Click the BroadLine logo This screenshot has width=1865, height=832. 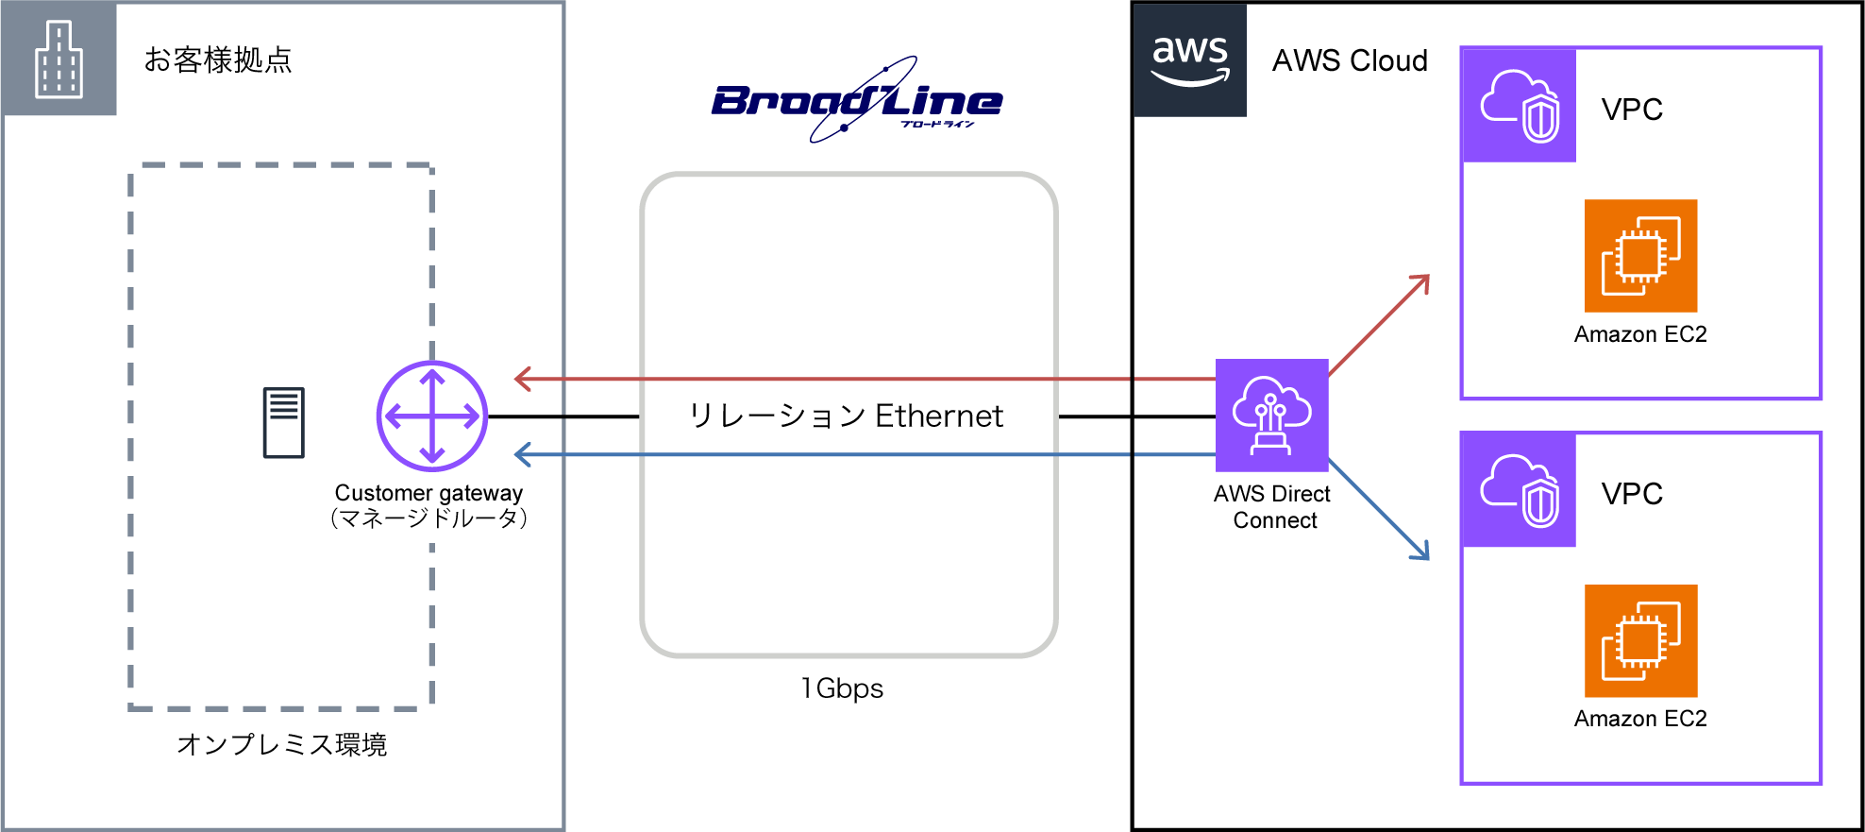tap(856, 100)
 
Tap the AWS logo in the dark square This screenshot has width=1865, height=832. tap(1190, 59)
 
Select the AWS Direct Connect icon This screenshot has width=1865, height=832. tap(1271, 415)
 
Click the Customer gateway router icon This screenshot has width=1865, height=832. tap(432, 416)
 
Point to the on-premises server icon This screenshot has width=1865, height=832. tap(283, 422)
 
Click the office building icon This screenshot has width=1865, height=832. tap(59, 59)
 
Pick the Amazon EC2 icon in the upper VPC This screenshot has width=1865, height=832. tap(1640, 255)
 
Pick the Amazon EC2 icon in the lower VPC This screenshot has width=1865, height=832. tap(1640, 640)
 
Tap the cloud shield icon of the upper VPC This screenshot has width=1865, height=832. tap(1519, 105)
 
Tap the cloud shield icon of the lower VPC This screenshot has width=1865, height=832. tap(1519, 489)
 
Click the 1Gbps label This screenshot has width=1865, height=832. tap(842, 688)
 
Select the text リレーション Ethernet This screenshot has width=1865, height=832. tap(846, 416)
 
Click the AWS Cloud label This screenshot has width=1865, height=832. tap(1350, 60)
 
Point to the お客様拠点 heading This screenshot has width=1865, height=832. tap(218, 59)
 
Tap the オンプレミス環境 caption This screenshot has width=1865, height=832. tap(281, 745)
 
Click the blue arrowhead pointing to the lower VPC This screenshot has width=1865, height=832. tap(1421, 552)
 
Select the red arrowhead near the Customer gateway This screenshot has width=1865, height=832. tap(522, 379)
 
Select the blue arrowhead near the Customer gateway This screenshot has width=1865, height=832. tap(522, 454)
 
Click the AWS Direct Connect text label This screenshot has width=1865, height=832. tap(1272, 507)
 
